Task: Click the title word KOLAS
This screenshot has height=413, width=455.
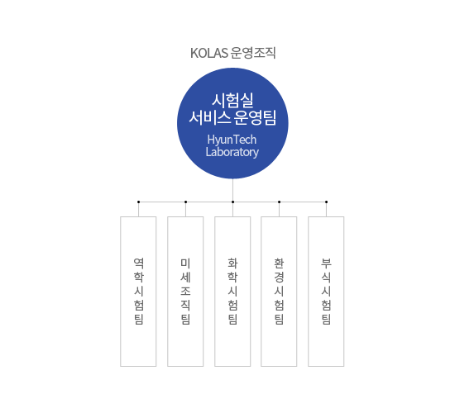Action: [x=209, y=53]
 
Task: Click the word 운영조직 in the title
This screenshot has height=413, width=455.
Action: [x=253, y=53]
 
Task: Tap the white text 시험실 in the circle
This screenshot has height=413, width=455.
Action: [x=232, y=100]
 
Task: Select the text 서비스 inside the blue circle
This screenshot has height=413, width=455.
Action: [x=210, y=117]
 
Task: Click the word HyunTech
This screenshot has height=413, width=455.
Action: [x=232, y=140]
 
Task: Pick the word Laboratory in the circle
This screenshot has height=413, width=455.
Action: [x=232, y=152]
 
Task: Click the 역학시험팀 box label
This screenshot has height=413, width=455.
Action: [x=138, y=292]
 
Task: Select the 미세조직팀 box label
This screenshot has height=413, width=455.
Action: [x=185, y=292]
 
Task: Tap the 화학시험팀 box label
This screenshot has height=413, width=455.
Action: [x=232, y=292]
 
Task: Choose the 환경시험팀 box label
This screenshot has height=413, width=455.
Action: [x=279, y=292]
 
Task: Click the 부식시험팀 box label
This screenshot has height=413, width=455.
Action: [x=326, y=292]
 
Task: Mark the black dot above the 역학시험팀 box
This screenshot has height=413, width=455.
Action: [x=138, y=202]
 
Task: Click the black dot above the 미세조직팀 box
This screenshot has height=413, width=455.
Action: [x=185, y=202]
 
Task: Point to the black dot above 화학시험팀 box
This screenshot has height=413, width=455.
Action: [x=232, y=202]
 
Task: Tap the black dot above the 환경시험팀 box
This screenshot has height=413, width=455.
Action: [x=279, y=202]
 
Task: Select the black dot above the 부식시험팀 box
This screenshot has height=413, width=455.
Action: [x=326, y=202]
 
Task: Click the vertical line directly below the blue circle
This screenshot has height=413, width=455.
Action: [x=232, y=189]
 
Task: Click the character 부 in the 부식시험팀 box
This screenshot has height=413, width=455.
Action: [x=326, y=263]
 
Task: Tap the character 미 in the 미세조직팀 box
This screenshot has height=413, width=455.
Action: [x=185, y=263]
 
